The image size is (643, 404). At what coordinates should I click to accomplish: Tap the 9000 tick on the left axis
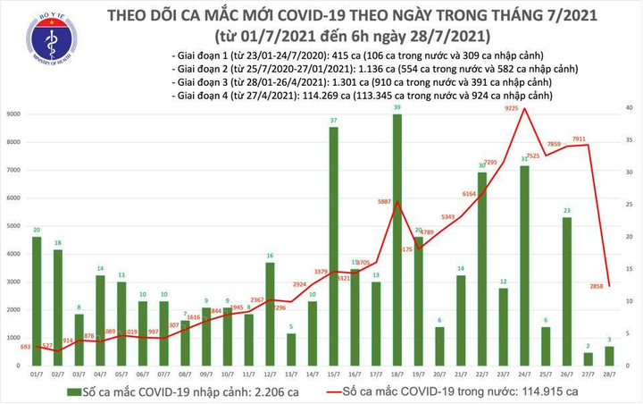coord(14,114)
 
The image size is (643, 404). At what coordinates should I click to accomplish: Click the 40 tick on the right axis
coord(630,107)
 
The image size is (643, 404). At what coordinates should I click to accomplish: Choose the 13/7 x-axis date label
coord(290,375)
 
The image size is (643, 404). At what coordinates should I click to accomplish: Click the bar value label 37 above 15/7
coord(333,121)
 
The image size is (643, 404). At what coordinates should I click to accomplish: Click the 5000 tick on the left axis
coord(14,226)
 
